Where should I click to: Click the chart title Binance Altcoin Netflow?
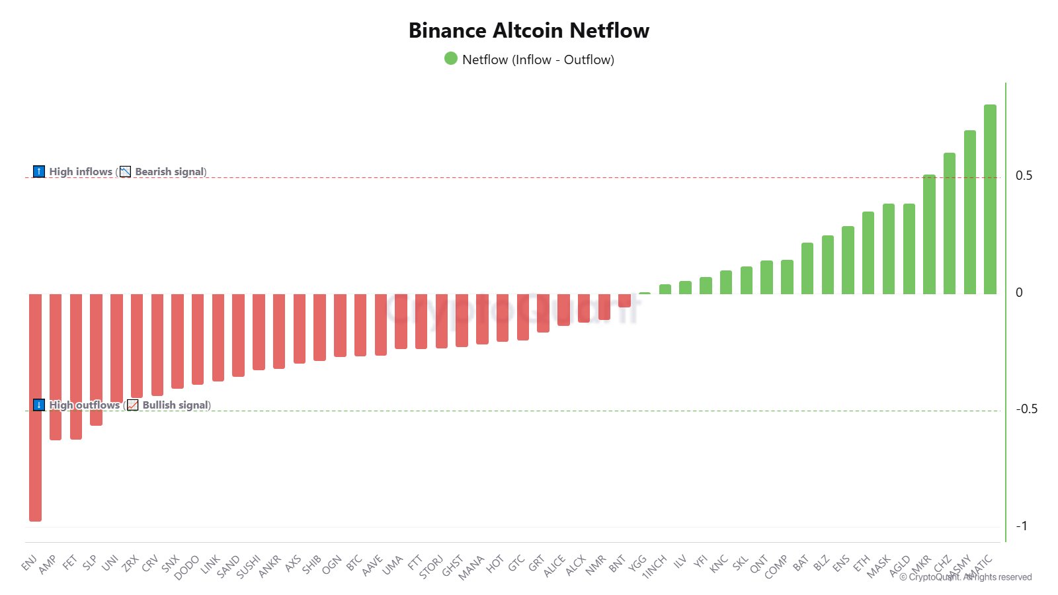(x=528, y=30)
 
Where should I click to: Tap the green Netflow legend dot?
(x=451, y=59)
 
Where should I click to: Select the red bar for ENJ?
(x=35, y=407)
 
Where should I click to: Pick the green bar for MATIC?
(x=990, y=198)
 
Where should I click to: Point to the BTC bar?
(x=360, y=325)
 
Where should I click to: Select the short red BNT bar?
(x=624, y=300)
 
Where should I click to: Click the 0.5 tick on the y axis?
(x=1024, y=176)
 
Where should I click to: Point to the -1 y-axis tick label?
(x=1022, y=526)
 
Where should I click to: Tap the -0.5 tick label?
(x=1026, y=409)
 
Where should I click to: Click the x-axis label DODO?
(x=187, y=567)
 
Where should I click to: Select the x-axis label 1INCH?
(x=655, y=567)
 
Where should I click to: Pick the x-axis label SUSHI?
(x=249, y=567)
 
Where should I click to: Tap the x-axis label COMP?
(x=776, y=567)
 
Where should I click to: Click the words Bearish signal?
(x=170, y=172)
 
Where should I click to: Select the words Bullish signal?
(x=175, y=405)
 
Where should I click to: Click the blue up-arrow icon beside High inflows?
(x=39, y=172)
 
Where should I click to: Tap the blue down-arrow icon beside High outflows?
(x=39, y=405)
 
